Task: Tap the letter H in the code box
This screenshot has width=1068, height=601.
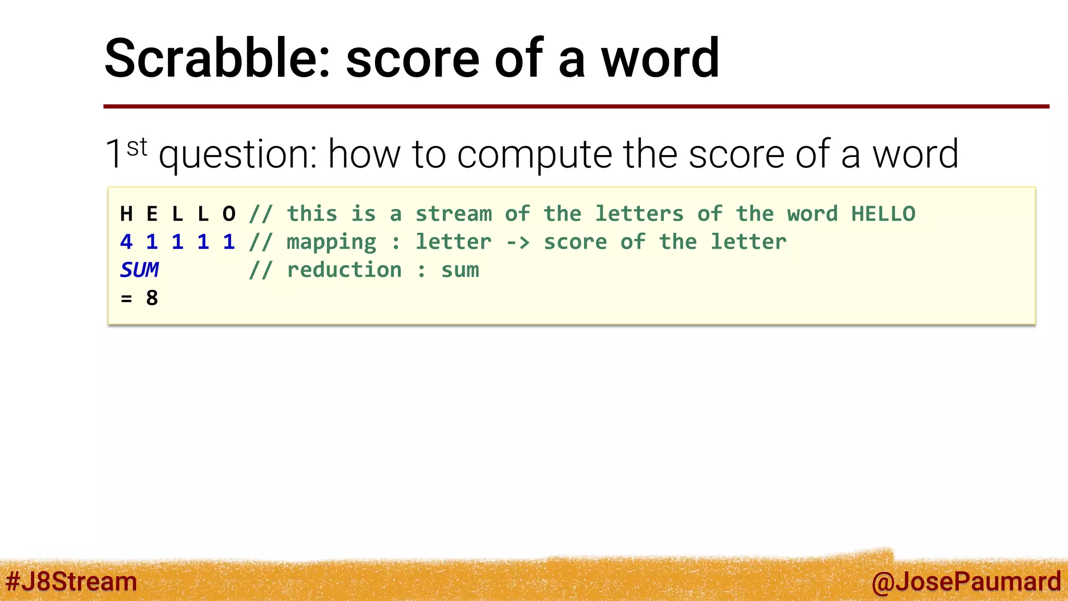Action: [x=126, y=214]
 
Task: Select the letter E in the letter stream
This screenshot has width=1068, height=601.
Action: [x=152, y=214]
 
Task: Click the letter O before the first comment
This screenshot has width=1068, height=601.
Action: [x=229, y=214]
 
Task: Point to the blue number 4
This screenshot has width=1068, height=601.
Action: [x=126, y=242]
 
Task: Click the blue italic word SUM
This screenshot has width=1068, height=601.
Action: [x=139, y=270]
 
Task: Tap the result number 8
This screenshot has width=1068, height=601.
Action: [x=152, y=298]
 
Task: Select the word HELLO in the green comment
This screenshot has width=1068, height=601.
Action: [x=883, y=214]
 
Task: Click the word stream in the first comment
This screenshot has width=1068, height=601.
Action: [x=453, y=214]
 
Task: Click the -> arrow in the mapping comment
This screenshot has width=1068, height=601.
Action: [x=517, y=242]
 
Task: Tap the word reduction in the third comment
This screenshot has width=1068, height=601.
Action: [x=344, y=270]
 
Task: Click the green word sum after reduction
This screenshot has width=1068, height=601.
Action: [x=460, y=270]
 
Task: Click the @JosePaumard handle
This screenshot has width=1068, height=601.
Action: [x=966, y=582]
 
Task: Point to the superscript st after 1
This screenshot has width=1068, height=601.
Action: [x=137, y=147]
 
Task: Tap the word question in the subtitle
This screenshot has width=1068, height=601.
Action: [x=238, y=155]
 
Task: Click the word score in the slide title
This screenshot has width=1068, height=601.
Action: [x=412, y=58]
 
